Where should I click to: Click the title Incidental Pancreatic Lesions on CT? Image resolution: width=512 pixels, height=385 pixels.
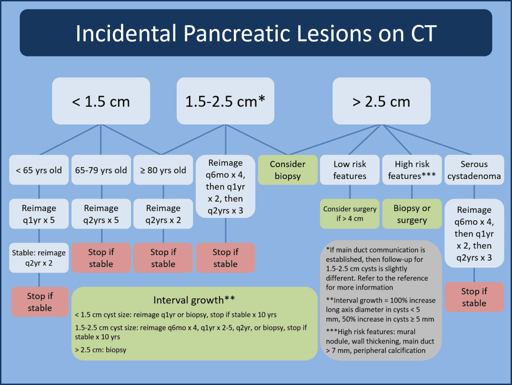pos(256,33)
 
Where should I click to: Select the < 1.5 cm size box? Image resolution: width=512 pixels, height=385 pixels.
pos(101,101)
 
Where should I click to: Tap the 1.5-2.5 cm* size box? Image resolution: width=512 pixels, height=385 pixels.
pos(225,101)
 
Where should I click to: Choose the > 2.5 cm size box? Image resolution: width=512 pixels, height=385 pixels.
pos(381,101)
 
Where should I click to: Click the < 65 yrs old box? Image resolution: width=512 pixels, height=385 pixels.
pos(39,170)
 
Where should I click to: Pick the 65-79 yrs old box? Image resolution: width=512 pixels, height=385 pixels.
pos(101,170)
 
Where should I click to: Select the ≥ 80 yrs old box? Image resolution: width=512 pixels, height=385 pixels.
pos(163,170)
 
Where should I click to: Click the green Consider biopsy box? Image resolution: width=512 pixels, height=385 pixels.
pos(288,170)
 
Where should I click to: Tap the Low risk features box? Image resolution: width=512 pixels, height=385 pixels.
pos(349,170)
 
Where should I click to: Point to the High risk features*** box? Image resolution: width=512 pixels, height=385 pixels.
pos(411,170)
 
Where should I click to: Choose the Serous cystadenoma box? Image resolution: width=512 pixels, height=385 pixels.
pos(474,170)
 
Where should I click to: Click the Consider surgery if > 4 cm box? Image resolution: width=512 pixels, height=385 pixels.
pos(349,214)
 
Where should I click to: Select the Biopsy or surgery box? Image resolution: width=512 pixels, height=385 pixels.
pos(412,214)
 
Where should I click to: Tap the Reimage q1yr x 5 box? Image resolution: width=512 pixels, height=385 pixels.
pos(39,214)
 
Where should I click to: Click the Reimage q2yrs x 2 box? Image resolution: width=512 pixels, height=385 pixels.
pos(163,214)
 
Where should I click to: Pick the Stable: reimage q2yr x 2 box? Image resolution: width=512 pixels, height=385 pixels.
pos(39,258)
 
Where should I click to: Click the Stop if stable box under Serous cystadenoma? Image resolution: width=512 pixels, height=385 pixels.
pos(474,297)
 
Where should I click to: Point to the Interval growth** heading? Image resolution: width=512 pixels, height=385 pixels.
pos(195,300)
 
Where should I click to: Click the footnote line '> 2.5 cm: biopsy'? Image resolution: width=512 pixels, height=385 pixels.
pos(101,350)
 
